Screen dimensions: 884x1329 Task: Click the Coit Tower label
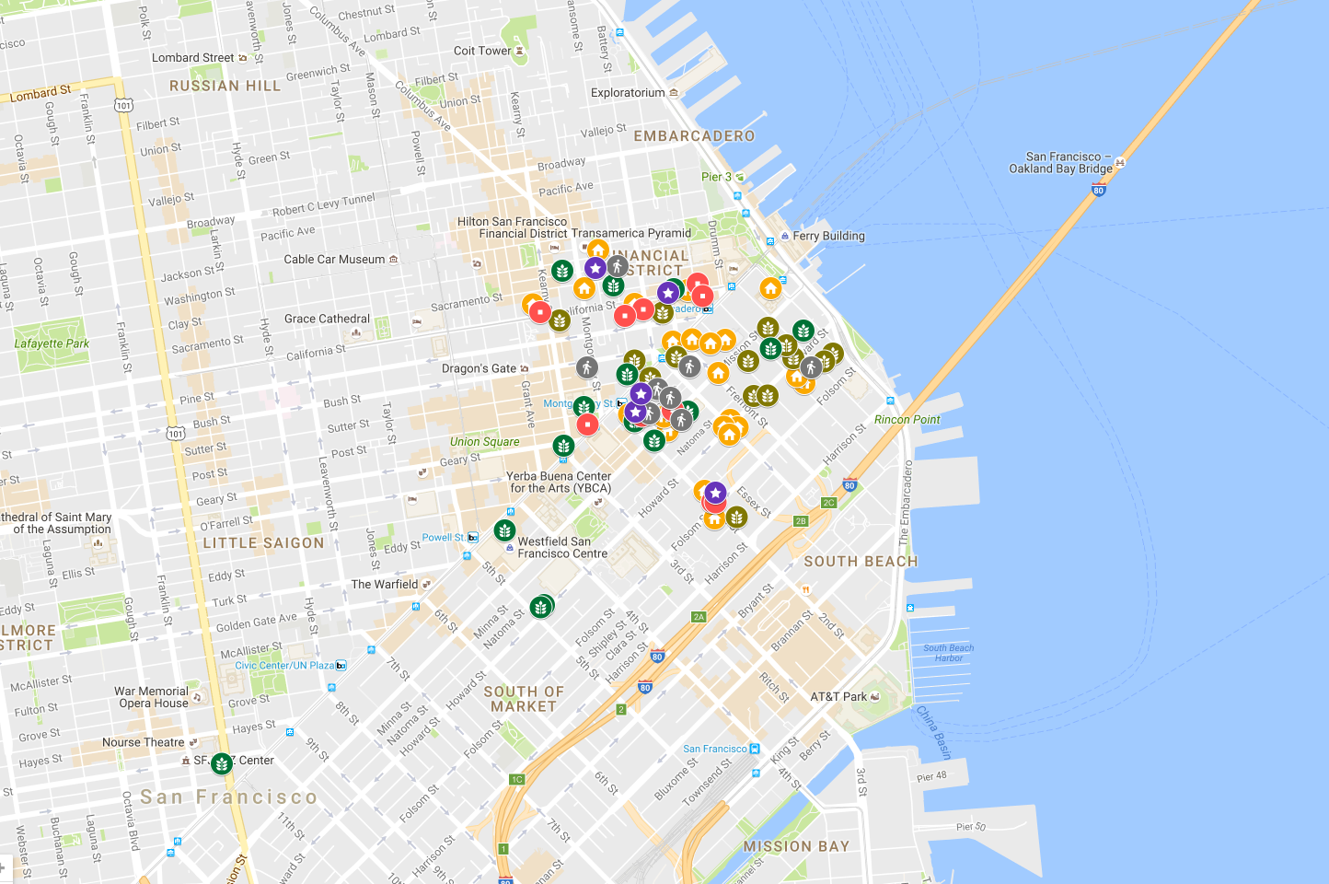click(x=482, y=52)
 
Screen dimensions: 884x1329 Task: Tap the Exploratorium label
click(x=628, y=93)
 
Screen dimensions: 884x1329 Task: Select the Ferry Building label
click(x=828, y=236)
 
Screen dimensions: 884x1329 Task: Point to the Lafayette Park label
click(x=52, y=343)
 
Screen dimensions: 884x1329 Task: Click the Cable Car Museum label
click(x=334, y=260)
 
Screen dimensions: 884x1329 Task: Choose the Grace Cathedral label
click(x=327, y=319)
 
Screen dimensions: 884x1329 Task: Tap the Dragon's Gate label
click(x=479, y=368)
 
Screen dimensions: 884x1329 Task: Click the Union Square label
click(x=484, y=442)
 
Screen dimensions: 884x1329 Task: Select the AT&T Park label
click(x=838, y=697)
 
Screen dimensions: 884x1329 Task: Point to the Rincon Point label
click(x=907, y=420)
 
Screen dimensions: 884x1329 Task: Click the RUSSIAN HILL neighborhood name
click(x=225, y=86)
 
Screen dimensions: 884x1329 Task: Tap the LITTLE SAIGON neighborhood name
click(x=263, y=543)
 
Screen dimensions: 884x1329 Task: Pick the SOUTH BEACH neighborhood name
click(x=861, y=562)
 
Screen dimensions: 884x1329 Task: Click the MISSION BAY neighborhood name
click(x=796, y=846)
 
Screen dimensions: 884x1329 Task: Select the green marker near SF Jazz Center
click(x=221, y=763)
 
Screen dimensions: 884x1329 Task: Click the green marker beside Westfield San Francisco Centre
click(x=504, y=530)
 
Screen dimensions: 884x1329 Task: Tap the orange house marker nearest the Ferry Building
click(x=770, y=288)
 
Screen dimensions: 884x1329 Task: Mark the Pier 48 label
click(x=931, y=776)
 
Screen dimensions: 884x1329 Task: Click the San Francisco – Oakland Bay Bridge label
click(x=1061, y=163)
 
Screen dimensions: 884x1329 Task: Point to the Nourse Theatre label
click(x=144, y=742)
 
